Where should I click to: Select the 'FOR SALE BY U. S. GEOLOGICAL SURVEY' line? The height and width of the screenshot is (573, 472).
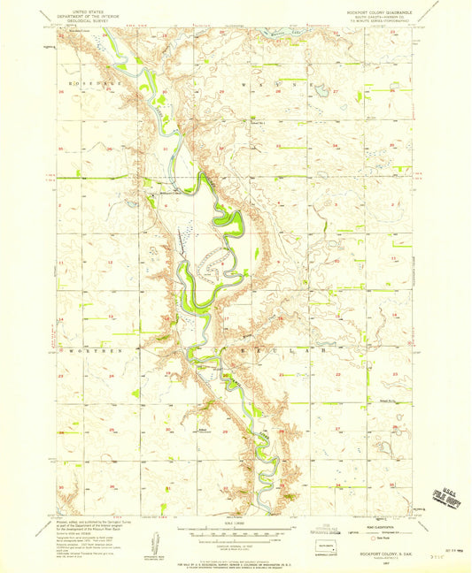[236, 563]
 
